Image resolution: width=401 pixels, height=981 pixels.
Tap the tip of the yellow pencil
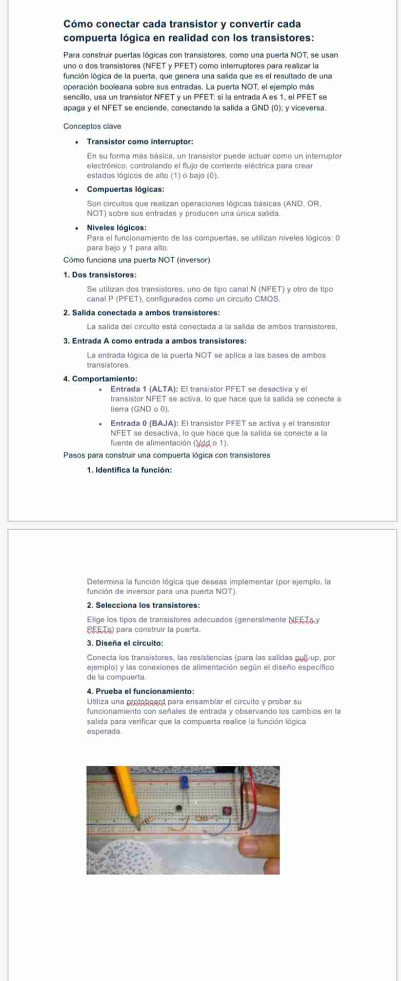(x=139, y=825)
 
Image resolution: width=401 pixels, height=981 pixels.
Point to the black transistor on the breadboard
(x=179, y=808)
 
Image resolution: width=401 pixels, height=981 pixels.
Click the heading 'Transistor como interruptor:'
(x=140, y=141)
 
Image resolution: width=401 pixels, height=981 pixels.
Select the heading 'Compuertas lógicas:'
(x=126, y=190)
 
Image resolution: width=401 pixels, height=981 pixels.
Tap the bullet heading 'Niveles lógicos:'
(x=116, y=227)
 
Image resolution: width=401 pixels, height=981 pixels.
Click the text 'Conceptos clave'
(x=92, y=126)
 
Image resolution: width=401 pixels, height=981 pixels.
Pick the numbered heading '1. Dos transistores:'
(x=100, y=275)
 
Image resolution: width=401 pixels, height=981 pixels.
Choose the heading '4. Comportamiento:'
(x=100, y=379)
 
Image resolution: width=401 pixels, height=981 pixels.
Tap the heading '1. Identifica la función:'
(x=129, y=470)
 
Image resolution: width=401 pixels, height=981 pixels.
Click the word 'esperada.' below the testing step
(x=105, y=732)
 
